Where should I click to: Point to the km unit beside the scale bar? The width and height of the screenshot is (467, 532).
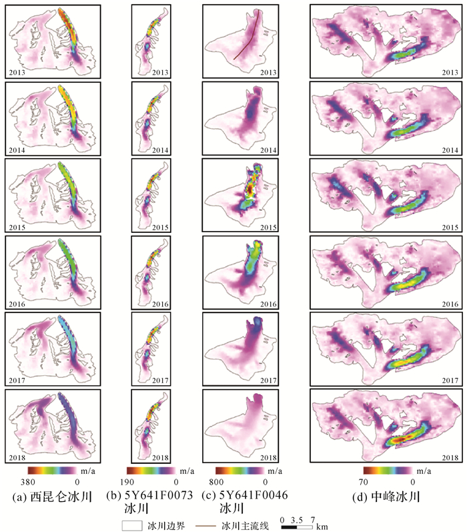point(322,527)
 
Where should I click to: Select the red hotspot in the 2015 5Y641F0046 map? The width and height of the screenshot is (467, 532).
point(250,189)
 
